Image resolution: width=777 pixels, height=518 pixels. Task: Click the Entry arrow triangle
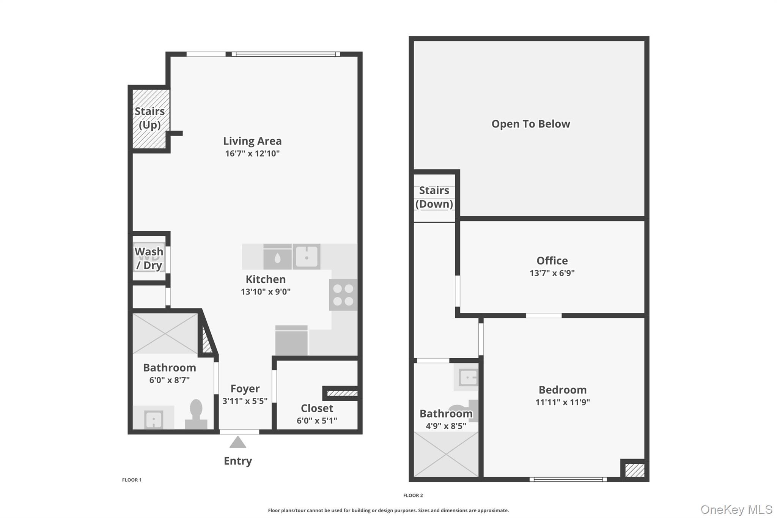(238, 442)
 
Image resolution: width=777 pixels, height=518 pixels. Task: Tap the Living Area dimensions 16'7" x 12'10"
(252, 154)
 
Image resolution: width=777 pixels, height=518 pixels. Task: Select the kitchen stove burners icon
(343, 295)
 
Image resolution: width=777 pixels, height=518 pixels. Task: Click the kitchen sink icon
(307, 257)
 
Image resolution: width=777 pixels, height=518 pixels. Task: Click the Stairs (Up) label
(149, 118)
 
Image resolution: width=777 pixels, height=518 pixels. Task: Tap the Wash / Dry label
(149, 258)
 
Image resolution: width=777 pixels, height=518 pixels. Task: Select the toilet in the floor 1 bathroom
(196, 414)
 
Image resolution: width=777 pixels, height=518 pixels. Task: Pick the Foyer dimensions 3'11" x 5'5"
(245, 401)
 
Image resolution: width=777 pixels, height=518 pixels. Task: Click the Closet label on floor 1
(317, 408)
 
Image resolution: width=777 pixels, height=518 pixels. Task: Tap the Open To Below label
(530, 124)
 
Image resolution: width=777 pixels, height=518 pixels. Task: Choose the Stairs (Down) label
(434, 197)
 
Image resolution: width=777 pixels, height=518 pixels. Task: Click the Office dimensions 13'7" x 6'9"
(552, 273)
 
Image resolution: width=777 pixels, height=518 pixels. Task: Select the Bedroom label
(562, 390)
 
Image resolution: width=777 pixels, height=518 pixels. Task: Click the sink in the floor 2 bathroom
(467, 378)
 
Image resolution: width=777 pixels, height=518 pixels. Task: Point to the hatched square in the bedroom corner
(634, 470)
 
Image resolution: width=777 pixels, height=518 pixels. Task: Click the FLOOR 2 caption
(413, 495)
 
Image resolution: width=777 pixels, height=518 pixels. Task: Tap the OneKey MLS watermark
(736, 510)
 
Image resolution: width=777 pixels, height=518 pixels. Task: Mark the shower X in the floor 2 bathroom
(446, 454)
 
